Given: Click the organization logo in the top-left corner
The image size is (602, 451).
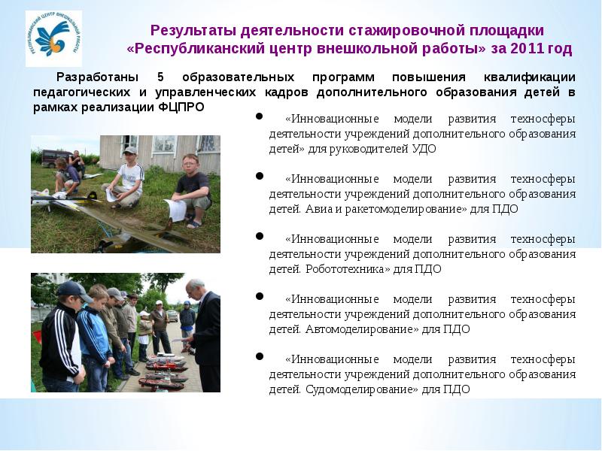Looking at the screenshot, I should coord(53,38).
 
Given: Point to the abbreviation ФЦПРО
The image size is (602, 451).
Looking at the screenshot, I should coord(181,107).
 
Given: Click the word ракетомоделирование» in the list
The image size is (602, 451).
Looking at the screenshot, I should coord(424,209).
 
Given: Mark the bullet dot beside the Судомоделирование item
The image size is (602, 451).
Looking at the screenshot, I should coord(260,356).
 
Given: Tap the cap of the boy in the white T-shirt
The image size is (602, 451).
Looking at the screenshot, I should coord(131,151).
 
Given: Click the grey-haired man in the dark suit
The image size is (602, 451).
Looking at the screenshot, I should coord(204,331).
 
